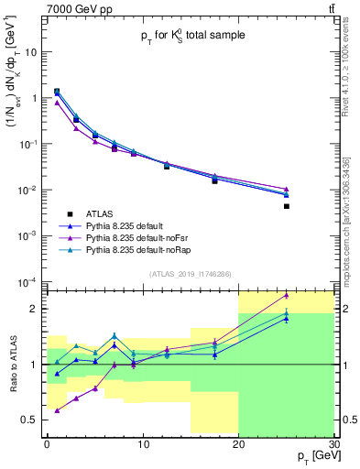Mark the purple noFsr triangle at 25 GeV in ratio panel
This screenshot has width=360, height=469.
287,295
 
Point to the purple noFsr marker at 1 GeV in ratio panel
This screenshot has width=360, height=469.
57,410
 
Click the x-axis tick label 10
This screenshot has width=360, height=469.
142,444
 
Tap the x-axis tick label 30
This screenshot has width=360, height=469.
333,444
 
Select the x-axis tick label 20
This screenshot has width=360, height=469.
238,444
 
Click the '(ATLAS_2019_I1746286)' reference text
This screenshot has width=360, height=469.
191,273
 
